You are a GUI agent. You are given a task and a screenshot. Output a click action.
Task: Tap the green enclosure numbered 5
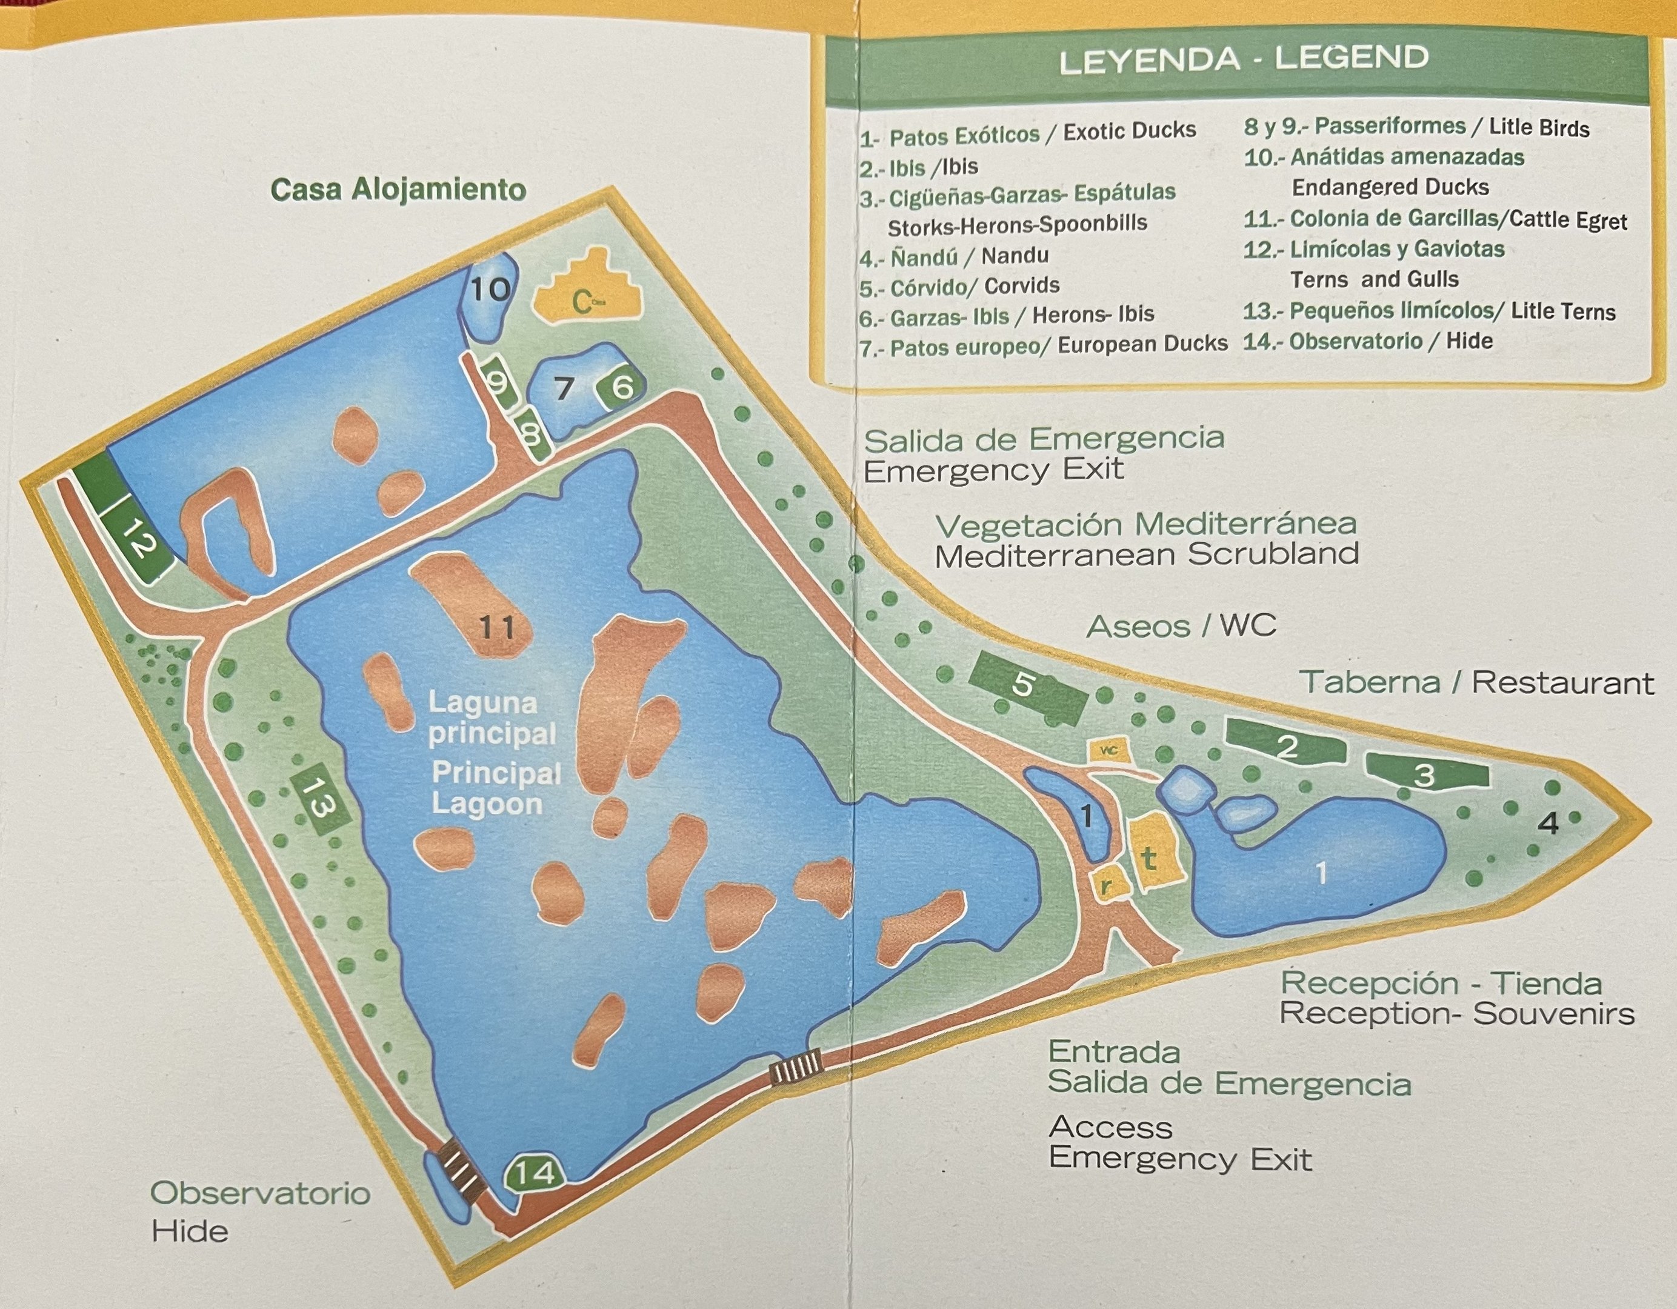1025,685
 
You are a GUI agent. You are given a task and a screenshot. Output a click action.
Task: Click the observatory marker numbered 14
535,1174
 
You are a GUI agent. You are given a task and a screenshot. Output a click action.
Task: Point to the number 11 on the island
496,628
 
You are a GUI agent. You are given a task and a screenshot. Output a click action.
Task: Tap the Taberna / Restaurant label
1476,682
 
